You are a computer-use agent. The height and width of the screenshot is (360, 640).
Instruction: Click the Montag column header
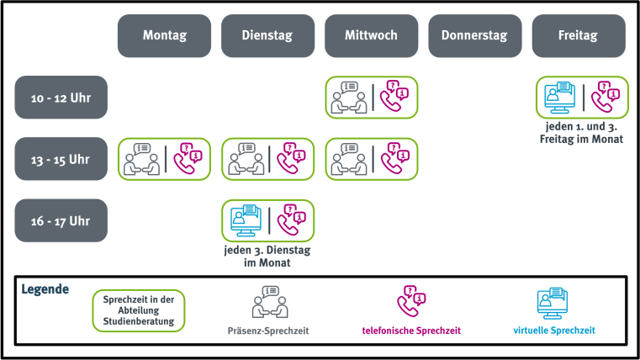[x=164, y=36]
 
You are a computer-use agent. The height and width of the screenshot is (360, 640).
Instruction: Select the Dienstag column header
[x=267, y=36]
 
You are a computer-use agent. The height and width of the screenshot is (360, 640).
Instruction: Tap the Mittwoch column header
[x=371, y=36]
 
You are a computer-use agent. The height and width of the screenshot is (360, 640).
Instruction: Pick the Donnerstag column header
[x=475, y=36]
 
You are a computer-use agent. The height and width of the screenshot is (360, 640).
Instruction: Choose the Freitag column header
[x=579, y=36]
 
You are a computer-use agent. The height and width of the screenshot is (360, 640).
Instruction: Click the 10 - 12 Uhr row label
[x=61, y=98]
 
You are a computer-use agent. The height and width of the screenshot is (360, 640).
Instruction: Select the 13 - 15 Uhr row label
[x=61, y=159]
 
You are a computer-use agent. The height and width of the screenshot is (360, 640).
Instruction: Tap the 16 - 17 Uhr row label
[x=61, y=220]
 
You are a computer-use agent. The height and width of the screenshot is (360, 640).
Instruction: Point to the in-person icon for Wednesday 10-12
[x=348, y=98]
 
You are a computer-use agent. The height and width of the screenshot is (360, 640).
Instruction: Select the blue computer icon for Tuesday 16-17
[x=245, y=220]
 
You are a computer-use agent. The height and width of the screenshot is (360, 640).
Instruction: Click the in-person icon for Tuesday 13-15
[x=245, y=159]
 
